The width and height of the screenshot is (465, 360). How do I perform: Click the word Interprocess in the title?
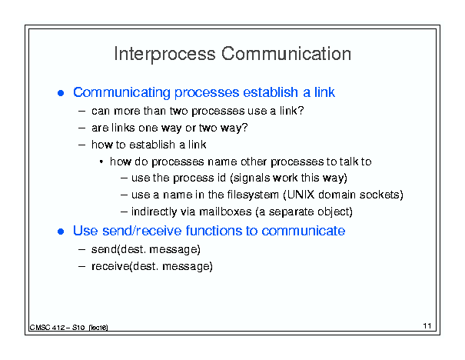pos(164,55)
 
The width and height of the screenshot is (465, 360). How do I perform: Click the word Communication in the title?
pos(286,53)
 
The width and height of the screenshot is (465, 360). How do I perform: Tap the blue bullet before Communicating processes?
pos(61,93)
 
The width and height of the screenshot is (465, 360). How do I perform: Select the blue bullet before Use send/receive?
pos(61,232)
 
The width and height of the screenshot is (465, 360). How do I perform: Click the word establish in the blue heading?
pos(271,92)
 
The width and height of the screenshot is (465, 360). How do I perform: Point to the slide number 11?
pos(427,326)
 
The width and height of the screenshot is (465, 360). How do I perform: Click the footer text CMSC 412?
pos(47,328)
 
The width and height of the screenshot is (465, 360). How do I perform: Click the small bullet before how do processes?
pos(101,162)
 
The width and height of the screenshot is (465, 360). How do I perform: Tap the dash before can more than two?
pos(81,112)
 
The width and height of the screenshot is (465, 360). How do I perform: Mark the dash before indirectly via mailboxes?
pos(124,212)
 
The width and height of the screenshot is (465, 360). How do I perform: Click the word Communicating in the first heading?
pos(121,92)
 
